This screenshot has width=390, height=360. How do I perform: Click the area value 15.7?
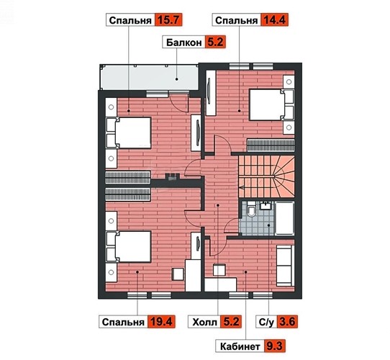tap(168, 20)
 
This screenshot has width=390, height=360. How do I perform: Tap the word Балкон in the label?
tap(183, 42)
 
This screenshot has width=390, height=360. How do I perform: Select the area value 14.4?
tap(274, 20)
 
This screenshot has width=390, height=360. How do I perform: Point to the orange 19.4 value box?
tap(161, 322)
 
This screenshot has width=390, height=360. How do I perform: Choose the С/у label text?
tap(266, 322)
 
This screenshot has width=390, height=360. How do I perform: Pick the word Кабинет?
tap(240, 346)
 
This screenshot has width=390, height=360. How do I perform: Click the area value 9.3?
tap(274, 346)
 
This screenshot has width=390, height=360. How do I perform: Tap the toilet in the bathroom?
tap(251, 208)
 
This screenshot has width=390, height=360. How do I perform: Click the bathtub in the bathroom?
tap(285, 218)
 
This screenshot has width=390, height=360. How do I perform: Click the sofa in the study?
tap(285, 266)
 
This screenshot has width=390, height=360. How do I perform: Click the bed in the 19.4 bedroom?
tap(129, 247)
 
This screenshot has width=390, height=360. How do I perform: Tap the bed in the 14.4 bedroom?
tap(271, 105)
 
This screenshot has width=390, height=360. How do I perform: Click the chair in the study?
tap(219, 270)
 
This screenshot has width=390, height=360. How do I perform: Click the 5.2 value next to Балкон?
tap(215, 42)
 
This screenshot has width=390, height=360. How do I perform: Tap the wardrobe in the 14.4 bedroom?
tap(211, 93)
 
